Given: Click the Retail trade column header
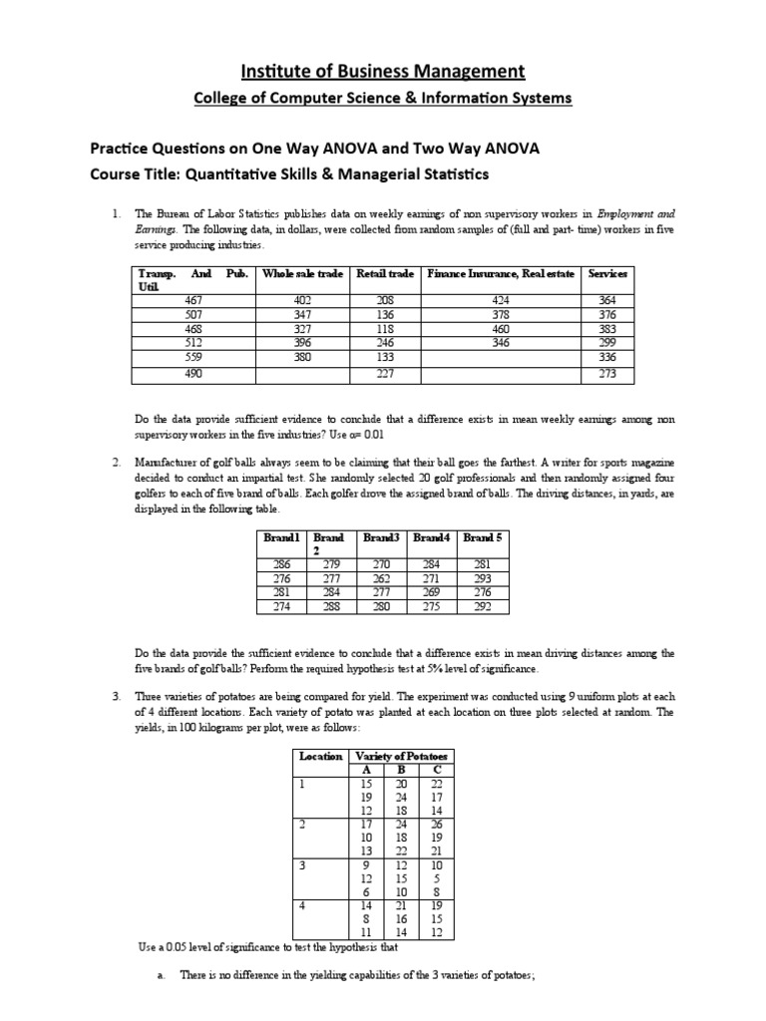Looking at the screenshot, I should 385,273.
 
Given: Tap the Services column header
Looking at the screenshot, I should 607,273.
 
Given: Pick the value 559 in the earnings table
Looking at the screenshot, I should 193,356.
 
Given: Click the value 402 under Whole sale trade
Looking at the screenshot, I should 302,300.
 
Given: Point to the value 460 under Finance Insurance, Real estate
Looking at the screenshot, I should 501,328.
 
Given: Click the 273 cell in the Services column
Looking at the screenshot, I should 607,374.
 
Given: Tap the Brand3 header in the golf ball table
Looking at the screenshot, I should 381,537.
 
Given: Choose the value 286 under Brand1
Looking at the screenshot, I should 276,563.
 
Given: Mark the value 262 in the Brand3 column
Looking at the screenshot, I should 381,577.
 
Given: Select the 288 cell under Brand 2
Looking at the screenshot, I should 328,605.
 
